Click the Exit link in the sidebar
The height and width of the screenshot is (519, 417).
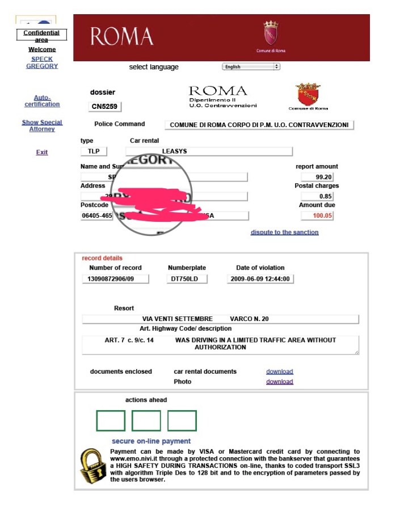point(42,152)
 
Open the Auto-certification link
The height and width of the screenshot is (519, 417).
point(42,101)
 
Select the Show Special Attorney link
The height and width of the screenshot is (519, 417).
point(42,125)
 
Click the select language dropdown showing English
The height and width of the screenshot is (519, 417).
point(251,66)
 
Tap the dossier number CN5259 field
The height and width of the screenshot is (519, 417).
point(105,106)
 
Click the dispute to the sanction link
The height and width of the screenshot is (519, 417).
point(285,232)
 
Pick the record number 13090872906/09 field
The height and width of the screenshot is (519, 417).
point(116,279)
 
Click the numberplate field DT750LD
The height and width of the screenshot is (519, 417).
point(188,279)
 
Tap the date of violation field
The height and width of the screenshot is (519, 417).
point(260,279)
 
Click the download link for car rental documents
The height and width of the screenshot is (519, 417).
point(280,372)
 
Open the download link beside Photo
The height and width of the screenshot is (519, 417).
point(280,382)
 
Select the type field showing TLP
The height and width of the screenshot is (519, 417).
point(93,151)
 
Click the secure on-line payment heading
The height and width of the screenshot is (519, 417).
point(151,441)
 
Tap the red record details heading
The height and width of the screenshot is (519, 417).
point(102,258)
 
